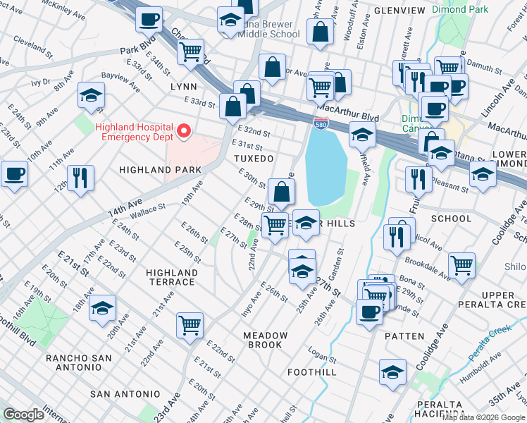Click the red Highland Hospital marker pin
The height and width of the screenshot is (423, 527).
point(184,130)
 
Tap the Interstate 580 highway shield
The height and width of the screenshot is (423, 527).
point(321,123)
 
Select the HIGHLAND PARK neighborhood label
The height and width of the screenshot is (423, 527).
point(161,170)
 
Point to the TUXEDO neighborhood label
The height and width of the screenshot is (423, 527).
point(253,159)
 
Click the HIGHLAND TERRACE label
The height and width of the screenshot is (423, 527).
point(171,277)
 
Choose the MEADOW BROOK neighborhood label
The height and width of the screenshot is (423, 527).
point(263,340)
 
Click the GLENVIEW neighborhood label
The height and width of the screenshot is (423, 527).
point(399,11)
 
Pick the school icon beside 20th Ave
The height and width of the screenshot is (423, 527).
point(102,307)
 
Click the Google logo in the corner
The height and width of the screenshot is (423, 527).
point(23,414)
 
